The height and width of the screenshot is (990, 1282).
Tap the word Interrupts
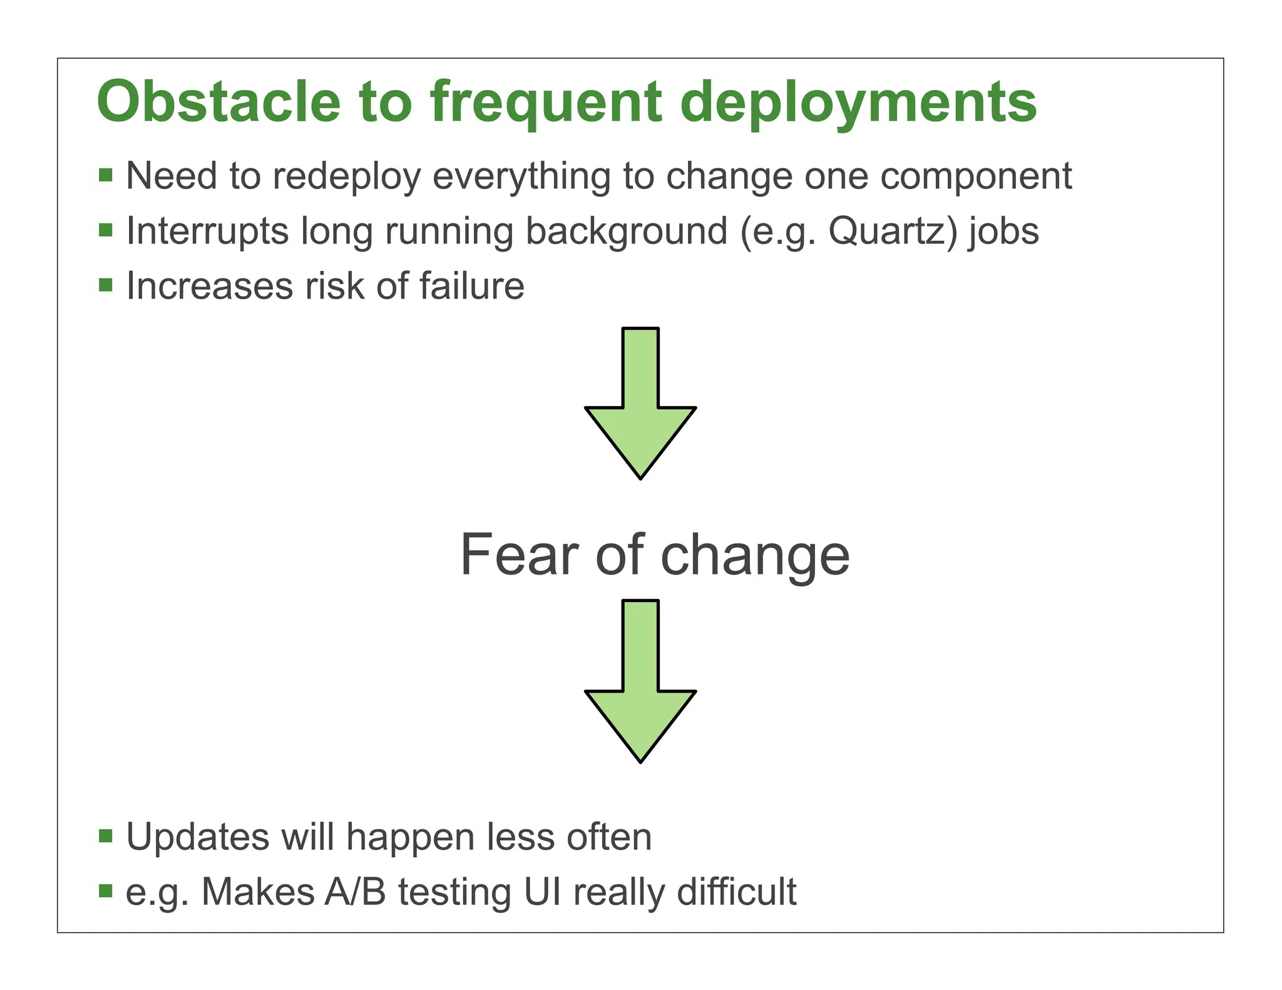(x=207, y=232)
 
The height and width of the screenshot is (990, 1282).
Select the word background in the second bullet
(x=627, y=232)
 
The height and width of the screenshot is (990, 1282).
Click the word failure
(x=471, y=286)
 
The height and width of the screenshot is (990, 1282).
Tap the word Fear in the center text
(x=519, y=555)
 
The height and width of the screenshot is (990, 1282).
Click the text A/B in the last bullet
(x=355, y=892)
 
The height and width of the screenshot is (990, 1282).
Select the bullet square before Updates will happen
(x=106, y=836)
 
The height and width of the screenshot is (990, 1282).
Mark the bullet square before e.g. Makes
(x=106, y=890)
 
